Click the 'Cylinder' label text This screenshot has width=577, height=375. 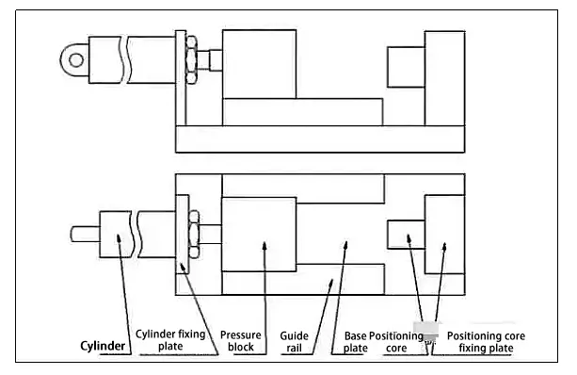103,346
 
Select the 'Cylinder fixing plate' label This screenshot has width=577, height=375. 170,340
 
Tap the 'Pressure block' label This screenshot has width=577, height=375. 241,341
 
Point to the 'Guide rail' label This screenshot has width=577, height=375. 294,342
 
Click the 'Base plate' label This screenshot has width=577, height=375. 356,342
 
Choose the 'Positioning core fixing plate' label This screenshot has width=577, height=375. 486,342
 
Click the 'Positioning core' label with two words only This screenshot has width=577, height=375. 396,342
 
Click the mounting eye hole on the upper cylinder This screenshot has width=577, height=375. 76,59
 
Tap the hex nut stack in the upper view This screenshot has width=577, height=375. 191,59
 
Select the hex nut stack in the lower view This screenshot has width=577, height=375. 194,234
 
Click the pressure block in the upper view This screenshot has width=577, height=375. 259,64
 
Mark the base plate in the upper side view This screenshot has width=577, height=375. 320,139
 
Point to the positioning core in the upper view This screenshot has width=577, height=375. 406,67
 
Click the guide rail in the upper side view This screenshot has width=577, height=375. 302,112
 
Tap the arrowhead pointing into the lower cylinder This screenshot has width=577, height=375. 119,238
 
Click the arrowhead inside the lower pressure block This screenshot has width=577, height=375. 264,246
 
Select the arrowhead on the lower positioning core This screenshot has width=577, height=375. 409,238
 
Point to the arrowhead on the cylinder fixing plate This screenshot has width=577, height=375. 183,267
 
